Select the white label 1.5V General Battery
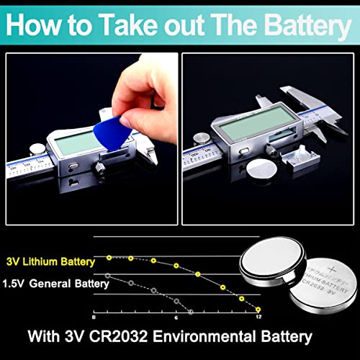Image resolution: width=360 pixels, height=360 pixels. (x=55, y=283)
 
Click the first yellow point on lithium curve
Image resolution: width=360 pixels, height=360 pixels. (x=108, y=256)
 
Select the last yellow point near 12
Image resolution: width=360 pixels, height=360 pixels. (x=258, y=308)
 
